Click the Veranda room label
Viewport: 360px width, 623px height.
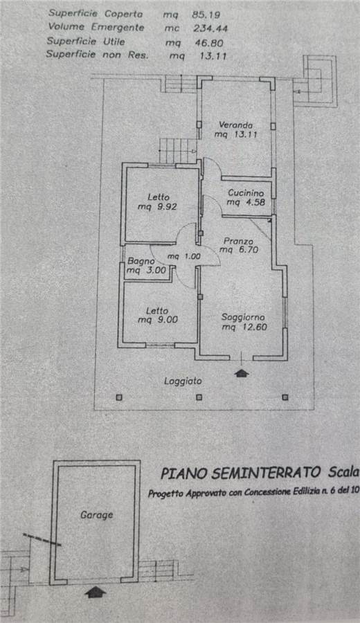(x=235, y=125)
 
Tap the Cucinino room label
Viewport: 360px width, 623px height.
(x=246, y=193)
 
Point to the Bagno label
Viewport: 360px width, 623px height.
(x=141, y=262)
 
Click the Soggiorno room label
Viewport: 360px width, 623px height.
(x=243, y=318)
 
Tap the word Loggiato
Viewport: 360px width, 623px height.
(x=183, y=381)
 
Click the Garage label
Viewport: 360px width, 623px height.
(x=97, y=515)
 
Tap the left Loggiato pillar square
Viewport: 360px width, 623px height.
(x=119, y=397)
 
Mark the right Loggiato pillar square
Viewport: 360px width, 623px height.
(x=285, y=397)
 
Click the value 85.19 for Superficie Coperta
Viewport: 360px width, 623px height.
(x=206, y=15)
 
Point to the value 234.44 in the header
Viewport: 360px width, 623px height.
(x=210, y=28)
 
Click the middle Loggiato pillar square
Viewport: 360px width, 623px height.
(x=199, y=397)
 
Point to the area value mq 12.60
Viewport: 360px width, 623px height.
(x=244, y=327)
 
